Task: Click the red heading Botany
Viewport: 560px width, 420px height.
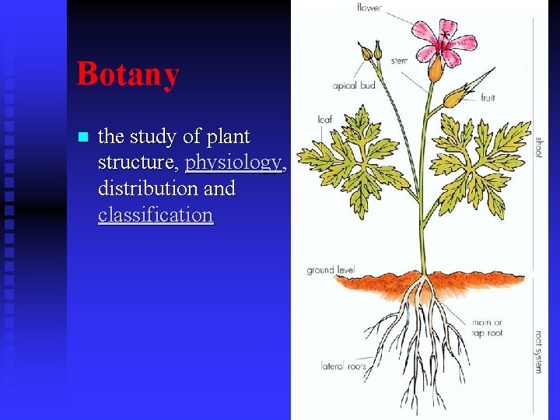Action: [x=128, y=74]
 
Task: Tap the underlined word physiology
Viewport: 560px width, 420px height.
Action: [x=233, y=163]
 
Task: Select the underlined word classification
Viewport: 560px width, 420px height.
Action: [x=156, y=215]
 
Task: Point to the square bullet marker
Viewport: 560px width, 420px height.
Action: [x=84, y=138]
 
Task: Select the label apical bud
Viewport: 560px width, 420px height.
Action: [x=355, y=86]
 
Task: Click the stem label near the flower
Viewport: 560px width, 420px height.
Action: [x=398, y=61]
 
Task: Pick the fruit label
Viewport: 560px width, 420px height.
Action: [x=488, y=98]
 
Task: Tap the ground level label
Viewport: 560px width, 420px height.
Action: [x=331, y=271]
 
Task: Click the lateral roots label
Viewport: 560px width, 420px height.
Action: [x=344, y=365]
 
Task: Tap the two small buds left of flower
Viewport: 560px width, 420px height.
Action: [x=371, y=51]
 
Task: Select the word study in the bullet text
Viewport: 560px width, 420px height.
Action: [x=153, y=137]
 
